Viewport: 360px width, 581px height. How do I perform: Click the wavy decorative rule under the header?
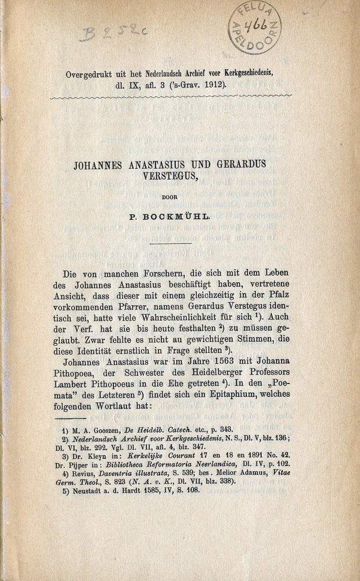click(x=171, y=96)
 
